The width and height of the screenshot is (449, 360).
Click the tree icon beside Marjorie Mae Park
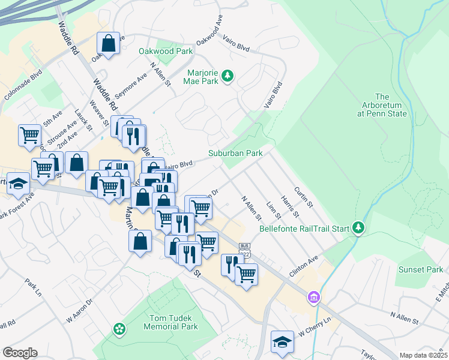227,76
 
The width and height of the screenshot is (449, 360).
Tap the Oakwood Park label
166,52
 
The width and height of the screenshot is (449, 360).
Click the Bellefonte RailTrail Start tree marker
358,227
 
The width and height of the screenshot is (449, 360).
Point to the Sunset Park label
420,270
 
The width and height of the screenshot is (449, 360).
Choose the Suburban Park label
235,153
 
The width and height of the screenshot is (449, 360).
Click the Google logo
20,353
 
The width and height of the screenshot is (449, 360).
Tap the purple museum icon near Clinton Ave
313,297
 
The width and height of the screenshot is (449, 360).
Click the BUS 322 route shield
244,250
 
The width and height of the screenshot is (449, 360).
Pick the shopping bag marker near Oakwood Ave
108,43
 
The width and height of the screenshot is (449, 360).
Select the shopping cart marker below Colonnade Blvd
29,135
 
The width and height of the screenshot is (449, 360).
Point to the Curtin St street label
305,196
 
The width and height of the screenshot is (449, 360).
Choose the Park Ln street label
33,286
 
